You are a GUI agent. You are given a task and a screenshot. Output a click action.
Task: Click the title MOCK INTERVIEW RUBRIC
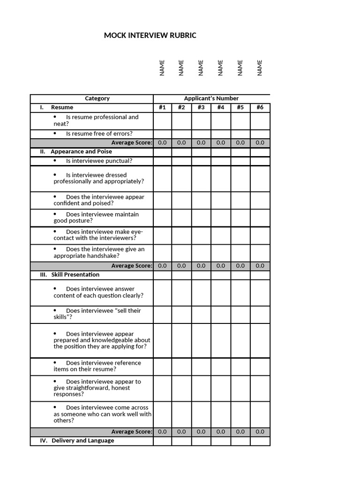tap(150, 36)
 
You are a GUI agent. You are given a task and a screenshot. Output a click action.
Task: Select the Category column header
tap(97, 98)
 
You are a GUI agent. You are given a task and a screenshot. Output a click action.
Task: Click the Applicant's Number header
tap(211, 98)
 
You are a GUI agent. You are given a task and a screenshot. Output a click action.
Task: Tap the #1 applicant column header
tap(162, 107)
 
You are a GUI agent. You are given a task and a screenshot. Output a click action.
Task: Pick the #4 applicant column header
tap(221, 107)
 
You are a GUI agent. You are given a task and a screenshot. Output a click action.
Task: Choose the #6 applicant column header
tap(260, 107)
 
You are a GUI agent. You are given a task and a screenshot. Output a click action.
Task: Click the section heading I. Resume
tap(57, 107)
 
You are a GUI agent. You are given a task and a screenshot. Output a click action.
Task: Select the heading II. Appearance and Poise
tap(76, 152)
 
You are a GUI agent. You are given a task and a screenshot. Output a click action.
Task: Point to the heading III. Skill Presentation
tap(70, 275)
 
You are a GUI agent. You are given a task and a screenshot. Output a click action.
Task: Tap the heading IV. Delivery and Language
tap(77, 441)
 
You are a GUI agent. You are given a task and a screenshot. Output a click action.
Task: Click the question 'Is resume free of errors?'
tap(99, 134)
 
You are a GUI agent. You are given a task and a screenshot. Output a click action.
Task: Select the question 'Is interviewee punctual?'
tap(99, 161)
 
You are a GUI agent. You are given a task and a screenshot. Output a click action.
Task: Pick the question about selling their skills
tap(97, 314)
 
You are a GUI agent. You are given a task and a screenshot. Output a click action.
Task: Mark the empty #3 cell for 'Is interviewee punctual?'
tap(201, 161)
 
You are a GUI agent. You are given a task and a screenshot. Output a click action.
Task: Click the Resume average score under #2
tap(181, 142)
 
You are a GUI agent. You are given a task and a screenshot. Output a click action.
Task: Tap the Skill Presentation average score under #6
tap(260, 432)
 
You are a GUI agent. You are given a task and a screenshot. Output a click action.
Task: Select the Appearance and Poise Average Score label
tap(131, 266)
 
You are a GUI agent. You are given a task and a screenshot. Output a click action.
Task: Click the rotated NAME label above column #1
tap(162, 67)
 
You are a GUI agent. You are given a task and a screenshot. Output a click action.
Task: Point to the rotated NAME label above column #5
tap(240, 67)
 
